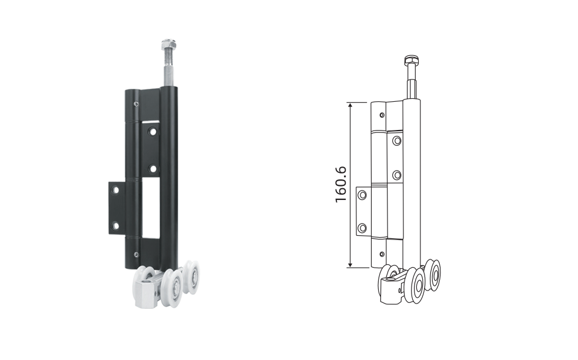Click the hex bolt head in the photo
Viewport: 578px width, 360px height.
(x=168, y=45)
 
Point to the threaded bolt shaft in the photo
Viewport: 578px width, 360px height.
(x=168, y=69)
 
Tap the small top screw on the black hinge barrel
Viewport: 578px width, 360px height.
(x=136, y=104)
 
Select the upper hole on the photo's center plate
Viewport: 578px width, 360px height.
(x=152, y=131)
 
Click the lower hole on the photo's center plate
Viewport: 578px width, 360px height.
(x=152, y=169)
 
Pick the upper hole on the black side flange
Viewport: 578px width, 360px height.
(x=115, y=191)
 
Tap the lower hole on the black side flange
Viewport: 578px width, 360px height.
(x=115, y=225)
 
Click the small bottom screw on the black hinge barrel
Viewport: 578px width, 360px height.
(x=136, y=255)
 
